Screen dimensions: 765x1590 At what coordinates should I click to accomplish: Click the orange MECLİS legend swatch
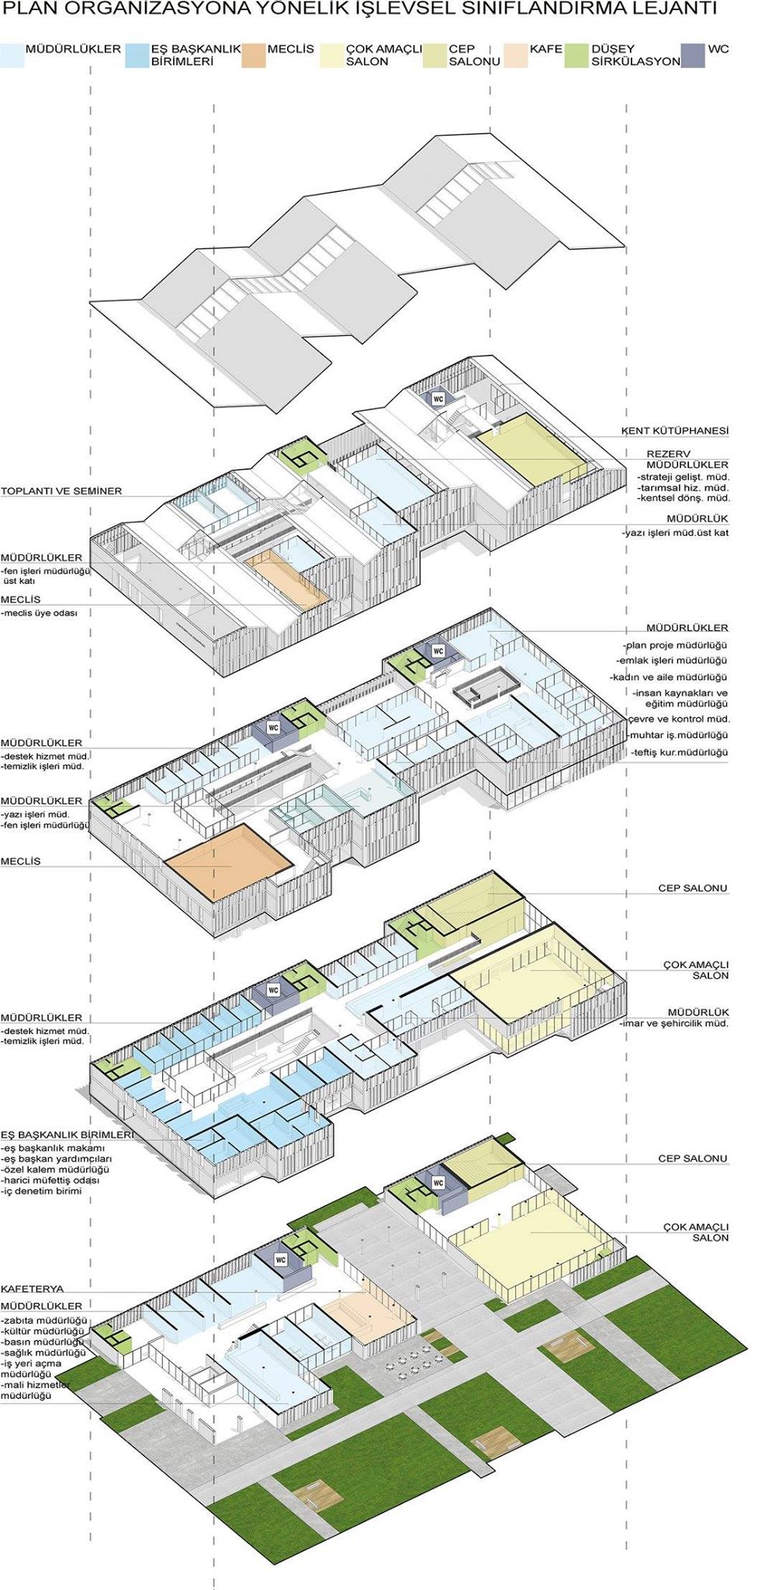pyautogui.click(x=252, y=56)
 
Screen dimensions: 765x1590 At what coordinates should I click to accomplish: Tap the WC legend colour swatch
pyautogui.click(x=693, y=56)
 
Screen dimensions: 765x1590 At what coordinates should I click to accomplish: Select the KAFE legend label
pyautogui.click(x=546, y=49)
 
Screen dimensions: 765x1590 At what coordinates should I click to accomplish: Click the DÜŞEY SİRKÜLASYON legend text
pyautogui.click(x=635, y=55)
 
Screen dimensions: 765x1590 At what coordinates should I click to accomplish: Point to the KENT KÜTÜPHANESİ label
pyautogui.click(x=675, y=430)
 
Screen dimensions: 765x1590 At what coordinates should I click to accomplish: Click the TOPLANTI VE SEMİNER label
pyautogui.click(x=61, y=491)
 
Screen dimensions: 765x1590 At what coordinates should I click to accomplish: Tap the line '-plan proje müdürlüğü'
pyautogui.click(x=675, y=645)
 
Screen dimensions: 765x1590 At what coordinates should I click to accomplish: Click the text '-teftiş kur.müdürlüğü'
pyautogui.click(x=680, y=752)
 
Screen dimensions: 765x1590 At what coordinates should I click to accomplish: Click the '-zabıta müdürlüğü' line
pyautogui.click(x=45, y=1321)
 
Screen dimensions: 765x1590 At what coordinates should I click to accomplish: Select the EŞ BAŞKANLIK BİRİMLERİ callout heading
pyautogui.click(x=67, y=1134)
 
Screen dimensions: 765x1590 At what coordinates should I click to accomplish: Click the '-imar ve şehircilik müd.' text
pyautogui.click(x=674, y=1024)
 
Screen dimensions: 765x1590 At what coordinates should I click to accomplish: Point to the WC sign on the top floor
pyautogui.click(x=438, y=398)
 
